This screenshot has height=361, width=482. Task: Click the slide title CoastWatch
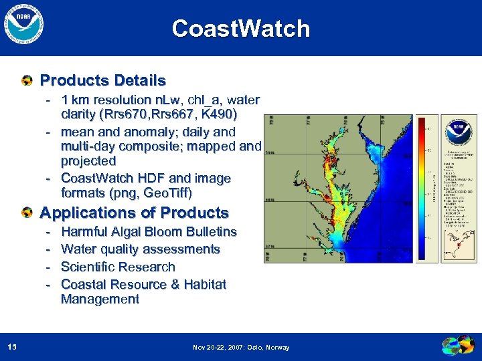point(241,29)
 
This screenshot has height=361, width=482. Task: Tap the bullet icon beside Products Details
point(26,82)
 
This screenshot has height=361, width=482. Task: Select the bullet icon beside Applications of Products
point(26,213)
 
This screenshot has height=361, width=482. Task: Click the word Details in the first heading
point(139,81)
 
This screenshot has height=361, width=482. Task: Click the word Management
point(100,299)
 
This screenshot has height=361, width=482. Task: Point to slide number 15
point(12,347)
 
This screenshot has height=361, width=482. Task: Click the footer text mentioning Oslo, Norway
point(241,348)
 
